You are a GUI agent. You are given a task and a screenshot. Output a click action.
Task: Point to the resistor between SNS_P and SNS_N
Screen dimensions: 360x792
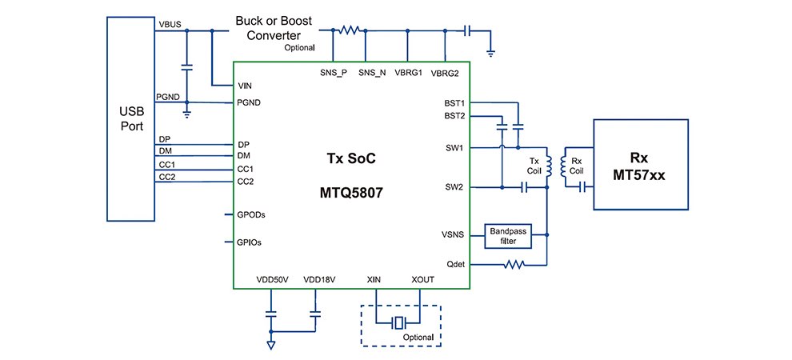pos(349,30)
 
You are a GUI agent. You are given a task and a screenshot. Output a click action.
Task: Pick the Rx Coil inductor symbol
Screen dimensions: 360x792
pos(564,165)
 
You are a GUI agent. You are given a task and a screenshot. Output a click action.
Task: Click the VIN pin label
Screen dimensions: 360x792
pos(246,85)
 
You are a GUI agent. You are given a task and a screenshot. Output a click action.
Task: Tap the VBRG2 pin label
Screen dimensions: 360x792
pos(445,74)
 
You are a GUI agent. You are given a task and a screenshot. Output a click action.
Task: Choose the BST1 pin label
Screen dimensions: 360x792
pos(454,103)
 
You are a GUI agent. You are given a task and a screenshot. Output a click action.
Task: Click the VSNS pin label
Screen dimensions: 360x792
pos(454,235)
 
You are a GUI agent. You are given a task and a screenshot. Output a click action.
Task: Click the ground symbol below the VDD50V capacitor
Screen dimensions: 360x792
pos(270,345)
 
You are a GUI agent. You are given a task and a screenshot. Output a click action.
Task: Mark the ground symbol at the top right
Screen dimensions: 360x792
pos(491,53)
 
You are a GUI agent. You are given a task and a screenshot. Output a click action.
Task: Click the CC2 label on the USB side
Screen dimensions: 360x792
pos(166,176)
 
